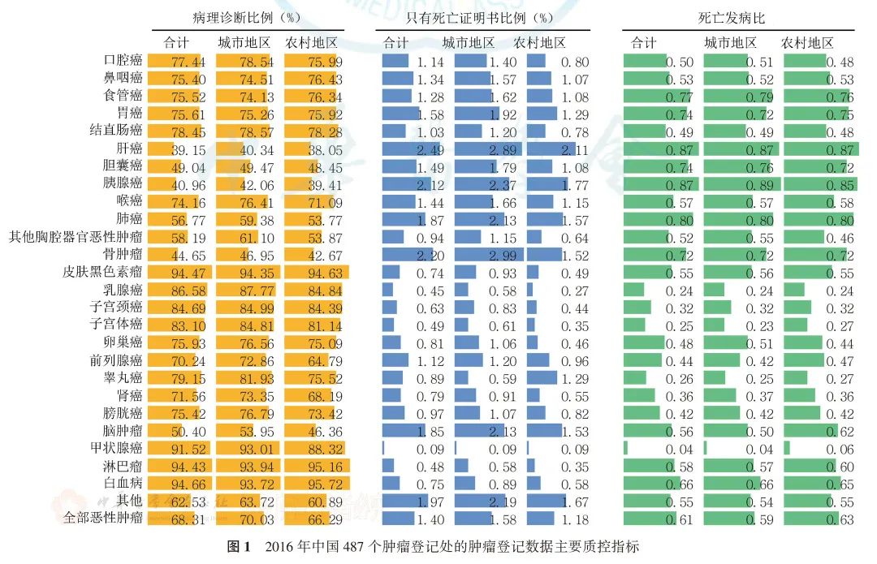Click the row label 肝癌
pyautogui.click(x=129, y=149)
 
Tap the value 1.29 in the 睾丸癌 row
pyautogui.click(x=574, y=378)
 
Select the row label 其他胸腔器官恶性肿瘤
pyautogui.click(x=76, y=238)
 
